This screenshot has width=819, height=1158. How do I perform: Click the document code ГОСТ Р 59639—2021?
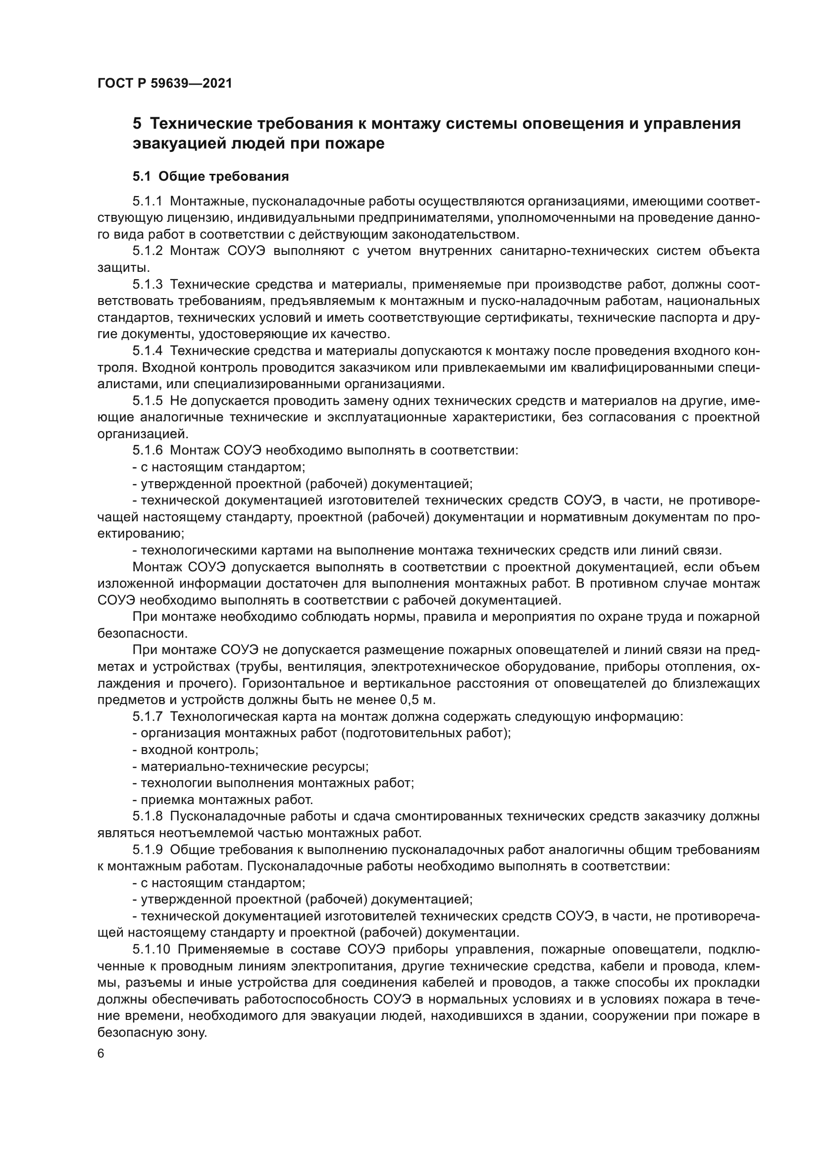pyautogui.click(x=164, y=83)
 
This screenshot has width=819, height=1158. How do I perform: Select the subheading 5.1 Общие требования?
pyautogui.click(x=210, y=177)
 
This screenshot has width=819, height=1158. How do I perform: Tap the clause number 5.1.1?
pyautogui.click(x=147, y=201)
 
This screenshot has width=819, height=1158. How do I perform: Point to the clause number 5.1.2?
pyautogui.click(x=147, y=251)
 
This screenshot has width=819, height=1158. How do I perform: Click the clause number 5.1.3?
pyautogui.click(x=147, y=285)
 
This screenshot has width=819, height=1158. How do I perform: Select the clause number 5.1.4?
pyautogui.click(x=147, y=351)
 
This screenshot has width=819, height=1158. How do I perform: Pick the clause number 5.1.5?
pyautogui.click(x=147, y=401)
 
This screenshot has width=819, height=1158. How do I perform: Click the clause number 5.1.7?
pyautogui.click(x=147, y=717)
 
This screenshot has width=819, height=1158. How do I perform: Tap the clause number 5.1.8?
pyautogui.click(x=147, y=816)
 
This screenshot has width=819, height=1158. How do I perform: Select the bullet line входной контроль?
pyautogui.click(x=195, y=750)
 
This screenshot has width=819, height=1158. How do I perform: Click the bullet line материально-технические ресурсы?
pyautogui.click(x=251, y=766)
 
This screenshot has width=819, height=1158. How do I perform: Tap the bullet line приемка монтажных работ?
pyautogui.click(x=222, y=800)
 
